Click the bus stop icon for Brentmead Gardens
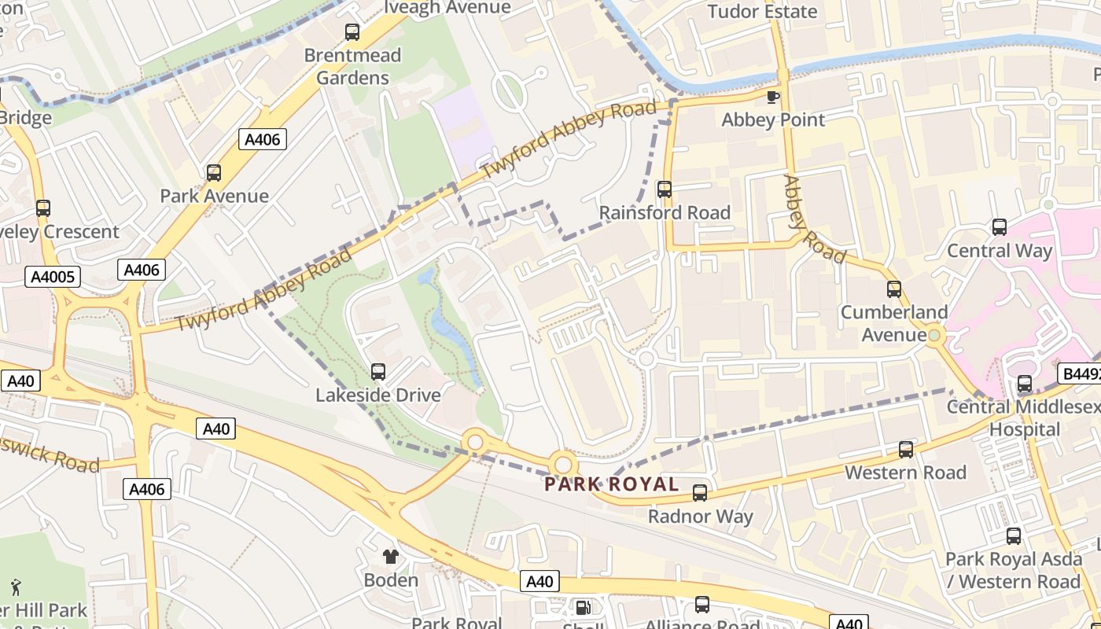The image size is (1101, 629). coord(352,32)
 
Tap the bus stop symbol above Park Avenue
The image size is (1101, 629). coord(214,173)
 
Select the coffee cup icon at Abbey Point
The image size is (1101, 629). coord(773,97)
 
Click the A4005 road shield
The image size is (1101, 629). coord(53,277)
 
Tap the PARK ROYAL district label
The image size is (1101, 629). coord(611,484)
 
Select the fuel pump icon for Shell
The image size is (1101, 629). coord(583,607)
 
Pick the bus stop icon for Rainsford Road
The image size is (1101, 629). coord(665,189)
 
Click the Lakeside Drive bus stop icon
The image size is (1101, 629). coord(378,372)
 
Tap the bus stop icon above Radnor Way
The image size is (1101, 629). coord(700,493)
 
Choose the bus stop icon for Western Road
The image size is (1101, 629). coord(906,450)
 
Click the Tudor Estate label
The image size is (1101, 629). coord(762,11)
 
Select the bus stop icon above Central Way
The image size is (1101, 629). coord(1000,227)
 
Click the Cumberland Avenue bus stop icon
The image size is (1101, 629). coord(894,289)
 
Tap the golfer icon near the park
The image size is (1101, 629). coord(16,587)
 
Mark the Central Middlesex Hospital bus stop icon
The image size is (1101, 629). coord(1025,384)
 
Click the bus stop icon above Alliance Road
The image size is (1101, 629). coord(702,605)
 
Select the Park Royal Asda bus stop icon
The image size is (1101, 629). coord(1014,536)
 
